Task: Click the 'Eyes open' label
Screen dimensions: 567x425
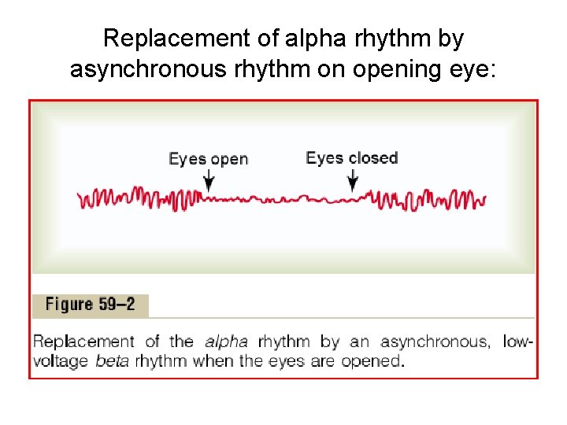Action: click(x=208, y=159)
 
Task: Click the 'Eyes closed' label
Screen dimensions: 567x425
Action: click(x=351, y=158)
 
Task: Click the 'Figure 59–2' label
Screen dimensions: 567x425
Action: click(x=91, y=305)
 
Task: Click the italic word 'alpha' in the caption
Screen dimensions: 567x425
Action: click(x=226, y=342)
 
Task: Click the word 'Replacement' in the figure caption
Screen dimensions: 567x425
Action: click(x=83, y=342)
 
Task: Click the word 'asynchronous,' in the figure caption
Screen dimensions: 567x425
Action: click(x=435, y=342)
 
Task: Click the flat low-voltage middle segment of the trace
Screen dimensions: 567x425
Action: click(x=280, y=200)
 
